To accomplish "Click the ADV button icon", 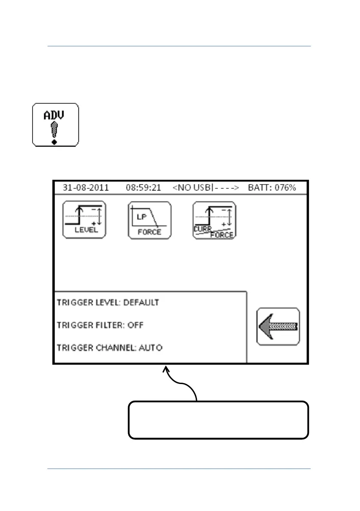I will coord(56,124).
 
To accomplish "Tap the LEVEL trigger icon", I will coord(84,220).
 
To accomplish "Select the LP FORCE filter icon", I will coord(149,220).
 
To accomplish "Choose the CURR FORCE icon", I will coord(214,220).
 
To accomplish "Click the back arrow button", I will coord(278,326).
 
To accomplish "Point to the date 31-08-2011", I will coord(86,188).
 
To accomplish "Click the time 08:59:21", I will coord(143,188).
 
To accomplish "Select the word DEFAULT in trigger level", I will coord(141,302).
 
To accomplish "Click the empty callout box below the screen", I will coord(218,420).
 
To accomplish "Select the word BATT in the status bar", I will coord(259,188).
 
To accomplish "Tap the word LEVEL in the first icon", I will coord(86,230).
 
